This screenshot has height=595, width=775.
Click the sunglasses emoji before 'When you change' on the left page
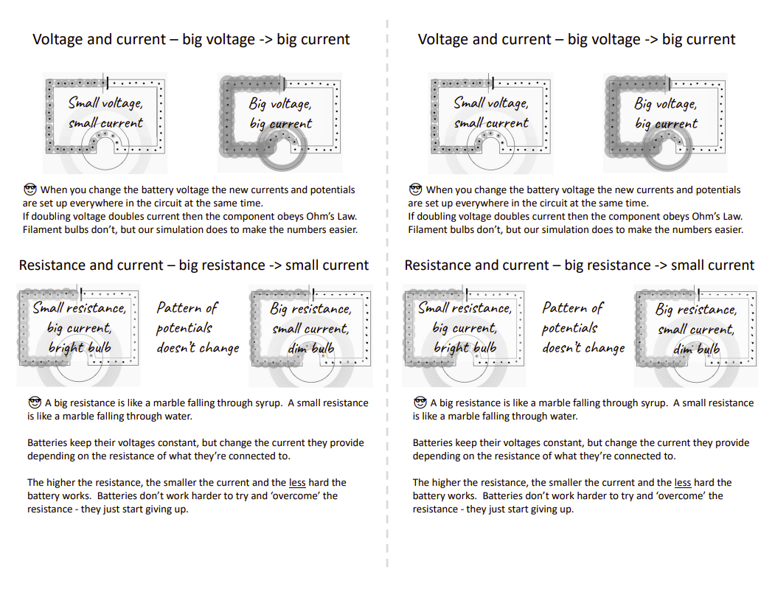pyautogui.click(x=30, y=189)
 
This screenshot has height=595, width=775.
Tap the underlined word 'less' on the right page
pyautogui.click(x=683, y=482)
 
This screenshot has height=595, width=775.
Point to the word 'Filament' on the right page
pyautogui.click(x=425, y=229)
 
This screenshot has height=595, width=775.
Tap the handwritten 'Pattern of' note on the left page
pyautogui.click(x=187, y=308)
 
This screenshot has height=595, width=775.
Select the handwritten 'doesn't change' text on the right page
pyautogui.click(x=583, y=348)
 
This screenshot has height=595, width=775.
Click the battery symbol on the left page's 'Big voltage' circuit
pyautogui.click(x=283, y=83)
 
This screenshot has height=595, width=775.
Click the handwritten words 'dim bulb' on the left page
pyautogui.click(x=311, y=349)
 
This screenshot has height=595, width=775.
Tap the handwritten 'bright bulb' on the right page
pyautogui.click(x=465, y=348)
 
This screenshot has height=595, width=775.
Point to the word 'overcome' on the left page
pyautogui.click(x=299, y=495)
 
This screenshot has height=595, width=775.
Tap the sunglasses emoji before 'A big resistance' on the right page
pyautogui.click(x=420, y=403)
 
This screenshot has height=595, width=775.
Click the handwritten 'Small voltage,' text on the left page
pyautogui.click(x=105, y=102)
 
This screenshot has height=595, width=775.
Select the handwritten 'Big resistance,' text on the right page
pyautogui.click(x=696, y=310)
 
